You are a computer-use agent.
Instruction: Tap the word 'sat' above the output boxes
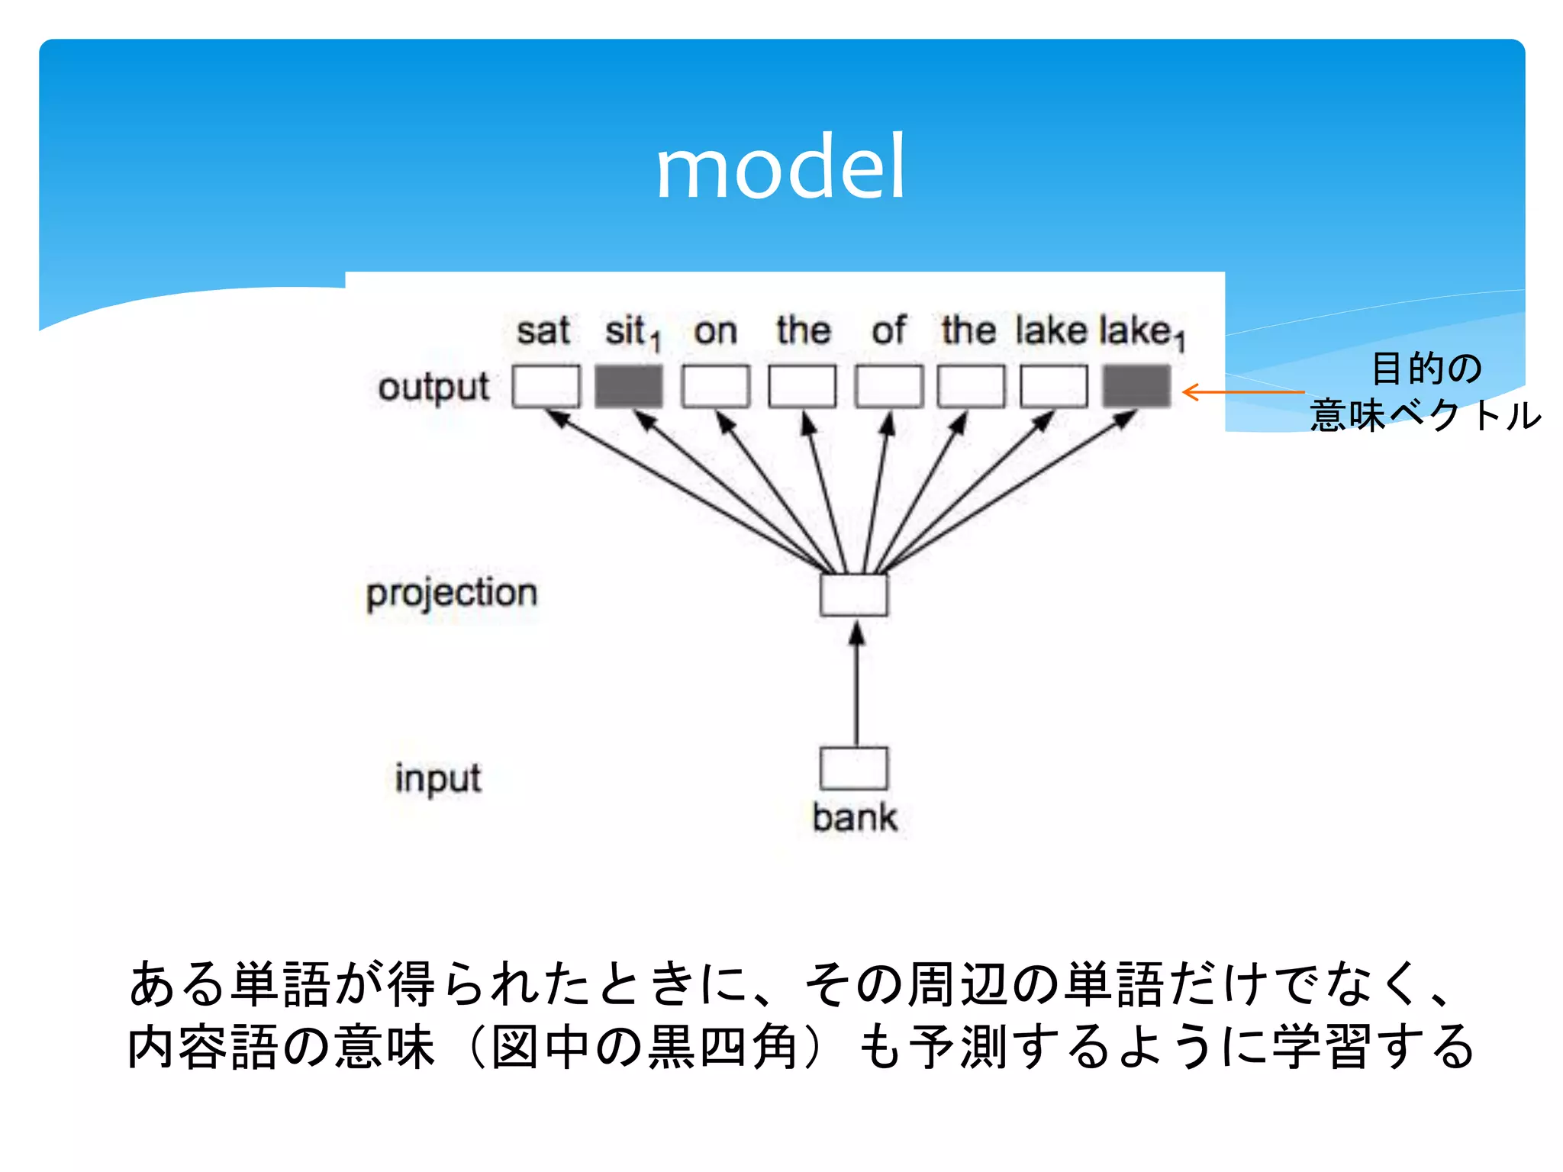point(543,331)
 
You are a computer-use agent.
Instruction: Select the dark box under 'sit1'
point(629,386)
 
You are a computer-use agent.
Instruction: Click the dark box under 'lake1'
point(1136,386)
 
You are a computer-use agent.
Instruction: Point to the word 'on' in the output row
point(715,332)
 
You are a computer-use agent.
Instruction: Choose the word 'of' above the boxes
point(888,331)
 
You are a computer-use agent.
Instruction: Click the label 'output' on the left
point(433,388)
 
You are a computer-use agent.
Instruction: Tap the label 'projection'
point(452,594)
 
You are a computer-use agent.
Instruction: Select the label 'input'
point(438,779)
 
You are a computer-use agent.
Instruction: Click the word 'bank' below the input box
point(854,818)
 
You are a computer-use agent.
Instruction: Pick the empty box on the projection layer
point(854,595)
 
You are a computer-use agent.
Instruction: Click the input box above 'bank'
point(854,768)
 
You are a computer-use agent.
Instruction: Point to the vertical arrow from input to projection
point(856,687)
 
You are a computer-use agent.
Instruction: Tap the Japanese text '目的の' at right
point(1426,368)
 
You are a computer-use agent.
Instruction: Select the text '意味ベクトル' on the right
point(1425,416)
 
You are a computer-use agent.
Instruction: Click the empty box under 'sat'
point(546,386)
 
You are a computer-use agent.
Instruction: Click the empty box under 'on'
point(715,386)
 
